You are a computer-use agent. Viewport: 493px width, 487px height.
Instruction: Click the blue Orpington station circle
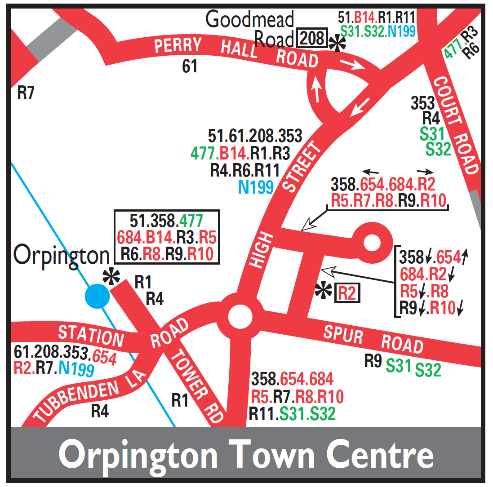coord(97,297)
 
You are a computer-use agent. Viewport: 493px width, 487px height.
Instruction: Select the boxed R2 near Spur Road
coord(347,293)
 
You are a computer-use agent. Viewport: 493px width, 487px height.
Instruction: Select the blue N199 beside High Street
coord(256,186)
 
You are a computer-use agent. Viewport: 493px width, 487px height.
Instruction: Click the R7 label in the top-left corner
coord(26,93)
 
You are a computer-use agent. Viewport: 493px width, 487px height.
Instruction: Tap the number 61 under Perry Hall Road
coord(190,66)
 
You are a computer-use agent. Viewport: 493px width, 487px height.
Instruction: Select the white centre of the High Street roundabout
coord(240,317)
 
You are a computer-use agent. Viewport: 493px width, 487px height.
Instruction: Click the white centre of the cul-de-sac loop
coord(372,243)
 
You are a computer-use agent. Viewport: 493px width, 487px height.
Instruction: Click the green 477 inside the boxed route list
coord(191,221)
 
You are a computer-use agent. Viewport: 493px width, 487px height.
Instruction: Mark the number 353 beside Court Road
coord(423,103)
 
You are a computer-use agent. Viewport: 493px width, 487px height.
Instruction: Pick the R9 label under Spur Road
coord(373,362)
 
